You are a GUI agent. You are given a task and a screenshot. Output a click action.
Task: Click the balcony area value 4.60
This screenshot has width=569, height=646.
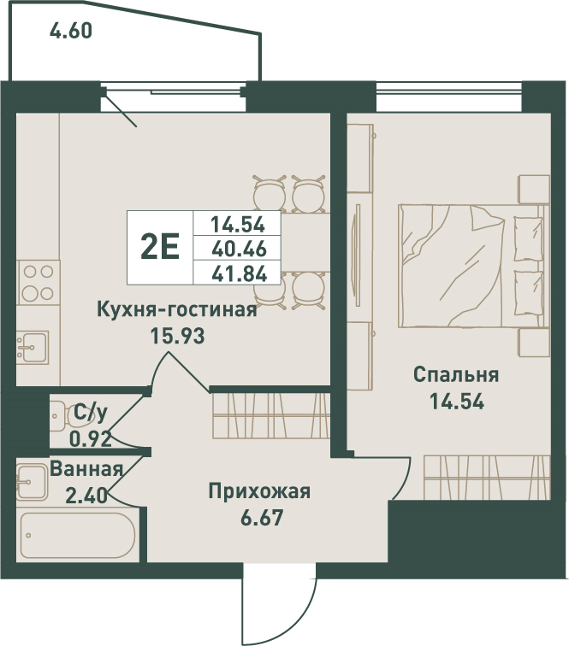point(71,33)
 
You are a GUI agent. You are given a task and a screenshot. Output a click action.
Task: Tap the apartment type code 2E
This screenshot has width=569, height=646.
point(159,248)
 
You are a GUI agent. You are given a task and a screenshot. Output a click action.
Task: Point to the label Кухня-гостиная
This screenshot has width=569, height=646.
point(177,309)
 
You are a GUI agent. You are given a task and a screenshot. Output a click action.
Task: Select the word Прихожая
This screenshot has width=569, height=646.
point(259,491)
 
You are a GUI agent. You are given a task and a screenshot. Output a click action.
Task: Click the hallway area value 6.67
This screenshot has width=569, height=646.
point(259,517)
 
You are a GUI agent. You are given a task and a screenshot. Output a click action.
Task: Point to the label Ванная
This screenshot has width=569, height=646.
point(86,468)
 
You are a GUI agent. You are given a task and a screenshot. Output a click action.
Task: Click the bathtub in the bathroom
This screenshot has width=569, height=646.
point(74,537)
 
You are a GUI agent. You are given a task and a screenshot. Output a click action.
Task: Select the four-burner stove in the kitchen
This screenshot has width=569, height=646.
point(38,283)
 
